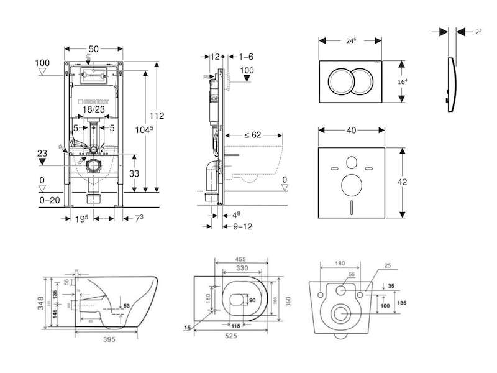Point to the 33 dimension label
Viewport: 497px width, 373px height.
click(x=134, y=173)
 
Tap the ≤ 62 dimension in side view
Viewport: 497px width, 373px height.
click(x=243, y=134)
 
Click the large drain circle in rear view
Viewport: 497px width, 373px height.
click(x=340, y=313)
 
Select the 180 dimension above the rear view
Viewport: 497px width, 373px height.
click(x=339, y=263)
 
